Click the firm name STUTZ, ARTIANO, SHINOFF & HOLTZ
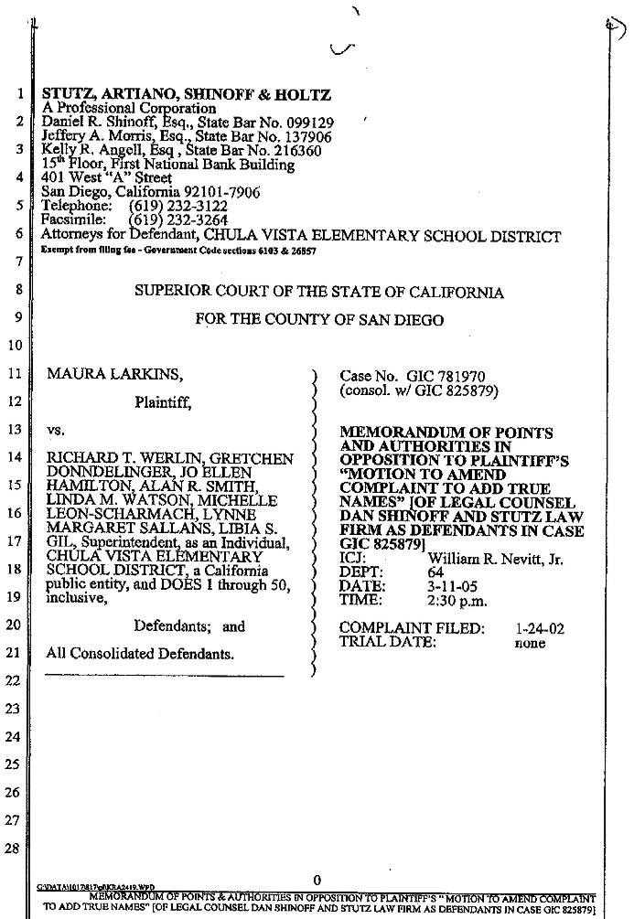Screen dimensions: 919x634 tap(187, 95)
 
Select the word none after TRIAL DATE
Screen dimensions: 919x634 tap(530, 643)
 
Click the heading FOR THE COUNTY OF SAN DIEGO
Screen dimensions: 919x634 tap(319, 320)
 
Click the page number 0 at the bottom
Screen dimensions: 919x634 tap(317, 879)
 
